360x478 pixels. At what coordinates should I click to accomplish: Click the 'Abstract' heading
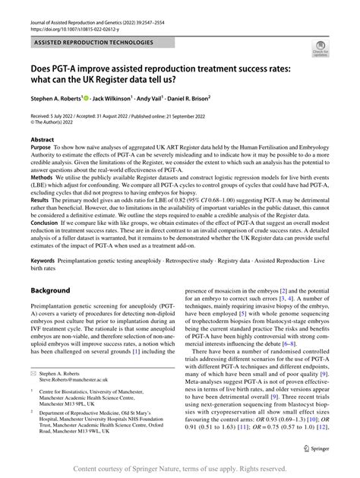click(x=42, y=140)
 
